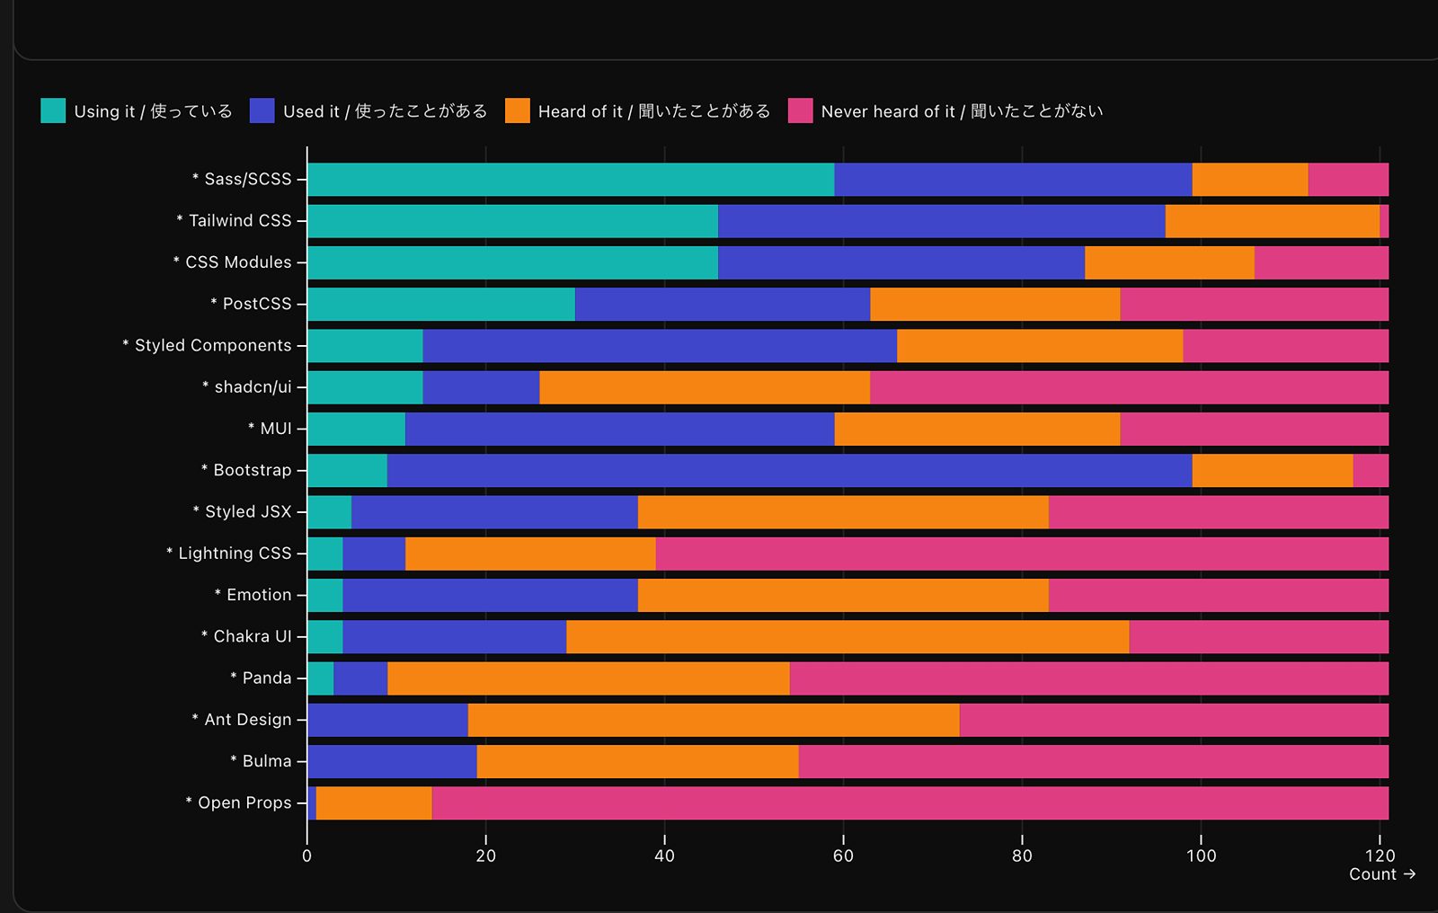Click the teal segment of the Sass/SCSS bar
click(x=571, y=180)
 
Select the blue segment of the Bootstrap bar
click(x=789, y=471)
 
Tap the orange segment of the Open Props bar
click(x=374, y=803)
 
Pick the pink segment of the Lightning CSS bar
click(x=1022, y=554)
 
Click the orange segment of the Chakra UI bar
click(x=848, y=637)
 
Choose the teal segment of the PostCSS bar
click(x=441, y=305)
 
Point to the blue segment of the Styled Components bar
click(x=660, y=346)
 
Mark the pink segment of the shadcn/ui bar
click(x=1129, y=387)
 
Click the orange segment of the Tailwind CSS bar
click(x=1272, y=221)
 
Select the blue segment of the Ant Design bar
click(x=387, y=721)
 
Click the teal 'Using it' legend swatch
click(x=53, y=111)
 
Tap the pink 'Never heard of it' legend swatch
click(x=800, y=111)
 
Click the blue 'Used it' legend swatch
click(x=262, y=111)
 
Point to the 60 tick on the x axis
click(x=843, y=855)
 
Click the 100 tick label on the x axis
click(x=1201, y=855)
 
